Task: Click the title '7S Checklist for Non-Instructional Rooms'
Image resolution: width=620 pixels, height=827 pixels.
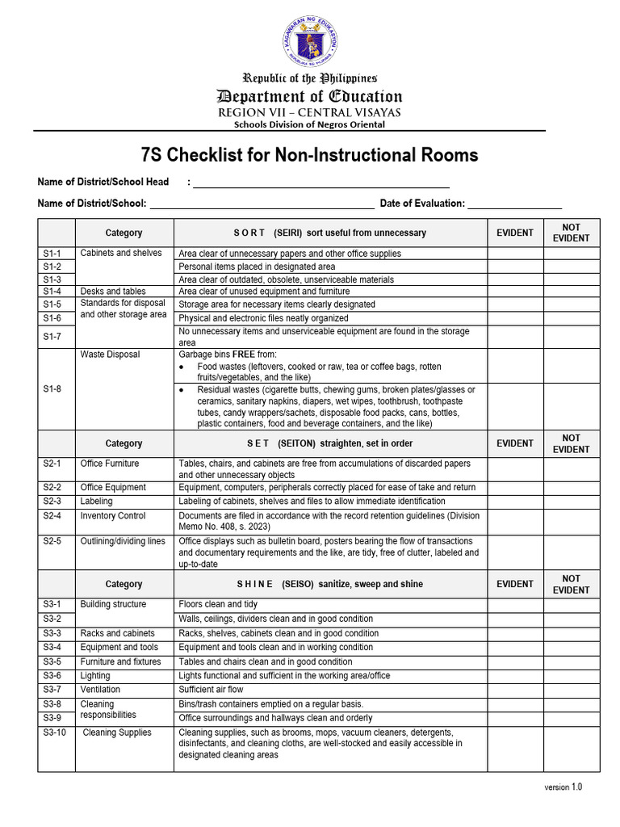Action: point(310,154)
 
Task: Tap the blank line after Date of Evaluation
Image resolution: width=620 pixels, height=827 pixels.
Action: point(514,204)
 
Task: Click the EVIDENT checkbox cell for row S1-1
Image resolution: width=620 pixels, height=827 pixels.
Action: point(514,253)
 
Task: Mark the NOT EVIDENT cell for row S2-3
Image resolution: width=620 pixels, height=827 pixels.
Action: point(571,502)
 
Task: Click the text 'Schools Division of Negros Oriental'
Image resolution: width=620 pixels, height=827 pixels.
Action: point(309,124)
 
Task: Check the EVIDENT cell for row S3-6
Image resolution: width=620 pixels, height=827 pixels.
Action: point(514,675)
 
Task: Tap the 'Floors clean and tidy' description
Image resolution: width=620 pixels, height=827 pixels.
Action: point(218,604)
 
